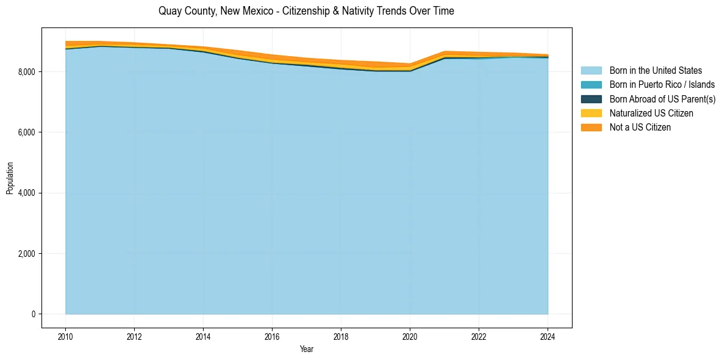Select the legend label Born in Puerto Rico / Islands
click(x=662, y=85)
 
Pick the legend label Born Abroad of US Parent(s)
click(x=662, y=99)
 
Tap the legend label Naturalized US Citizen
click(x=651, y=113)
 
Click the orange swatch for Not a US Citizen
click(x=591, y=128)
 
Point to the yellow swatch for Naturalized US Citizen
click(x=591, y=113)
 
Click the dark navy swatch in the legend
click(x=591, y=99)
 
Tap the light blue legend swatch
click(x=591, y=71)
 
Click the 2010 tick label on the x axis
click(x=65, y=336)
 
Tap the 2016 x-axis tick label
click(x=272, y=336)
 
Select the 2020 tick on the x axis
click(x=410, y=336)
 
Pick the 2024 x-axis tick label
click(x=548, y=336)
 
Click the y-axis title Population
click(x=10, y=178)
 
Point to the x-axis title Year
click(x=307, y=350)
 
